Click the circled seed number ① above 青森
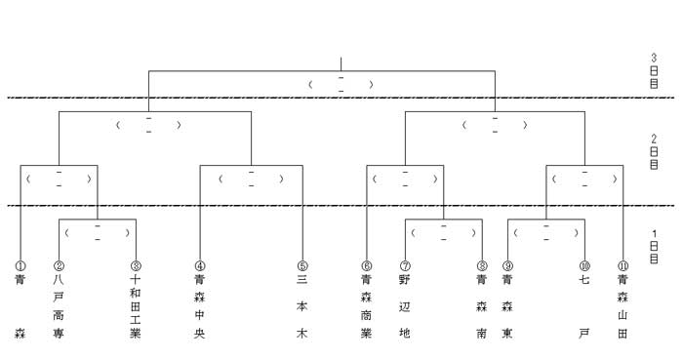point(20,265)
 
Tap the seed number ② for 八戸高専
point(59,265)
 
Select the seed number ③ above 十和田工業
point(136,265)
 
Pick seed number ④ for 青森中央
point(199,265)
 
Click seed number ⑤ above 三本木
point(302,265)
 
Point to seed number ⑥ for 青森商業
point(366,265)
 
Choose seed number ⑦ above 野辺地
point(405,265)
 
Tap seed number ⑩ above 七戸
point(584,265)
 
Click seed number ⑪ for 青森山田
point(623,265)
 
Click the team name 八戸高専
point(59,306)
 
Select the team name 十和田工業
point(136,306)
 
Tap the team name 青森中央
point(199,306)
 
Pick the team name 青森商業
point(366,306)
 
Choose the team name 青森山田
point(623,306)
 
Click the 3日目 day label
point(654,71)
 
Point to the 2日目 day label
point(654,152)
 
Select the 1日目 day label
point(654,247)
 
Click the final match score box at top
point(341,85)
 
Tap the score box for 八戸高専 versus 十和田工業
point(98,233)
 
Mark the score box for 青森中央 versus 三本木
point(252,179)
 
